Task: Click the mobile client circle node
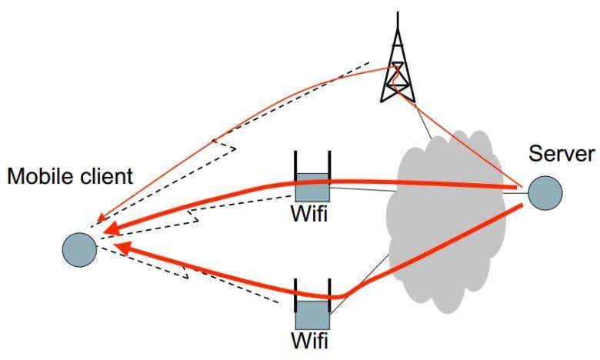pyautogui.click(x=79, y=250)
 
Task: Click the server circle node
pyautogui.click(x=545, y=193)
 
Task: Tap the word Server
pyautogui.click(x=562, y=154)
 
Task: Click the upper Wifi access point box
pyautogui.click(x=312, y=188)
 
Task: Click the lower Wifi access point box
pyautogui.click(x=312, y=315)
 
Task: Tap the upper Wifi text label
pyautogui.click(x=309, y=214)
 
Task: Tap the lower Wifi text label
pyautogui.click(x=309, y=341)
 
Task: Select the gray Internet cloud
pyautogui.click(x=446, y=222)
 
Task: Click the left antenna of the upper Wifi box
pyautogui.click(x=295, y=168)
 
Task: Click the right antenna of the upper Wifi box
pyautogui.click(x=329, y=168)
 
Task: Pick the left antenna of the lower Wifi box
pyautogui.click(x=295, y=295)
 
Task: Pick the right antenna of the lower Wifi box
pyautogui.click(x=329, y=295)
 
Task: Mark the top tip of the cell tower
pyautogui.click(x=398, y=12)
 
